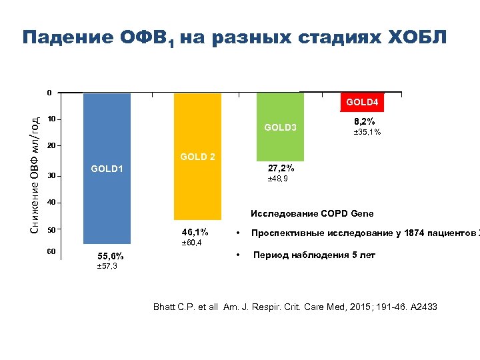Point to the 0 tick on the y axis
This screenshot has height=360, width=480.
coord(49,92)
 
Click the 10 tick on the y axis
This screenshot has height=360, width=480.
coord(51,119)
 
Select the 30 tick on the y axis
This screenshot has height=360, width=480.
coord(51,176)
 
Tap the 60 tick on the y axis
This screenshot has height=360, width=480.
coord(51,251)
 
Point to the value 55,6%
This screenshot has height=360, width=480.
coord(110,256)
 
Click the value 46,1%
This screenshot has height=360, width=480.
coord(195,232)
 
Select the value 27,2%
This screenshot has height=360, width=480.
coord(281,168)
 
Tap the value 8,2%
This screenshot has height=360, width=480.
coord(364,121)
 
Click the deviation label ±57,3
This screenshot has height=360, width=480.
coord(107,267)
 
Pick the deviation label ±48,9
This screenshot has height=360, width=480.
coord(278,179)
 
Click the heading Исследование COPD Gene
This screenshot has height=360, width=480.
coord(312,214)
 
